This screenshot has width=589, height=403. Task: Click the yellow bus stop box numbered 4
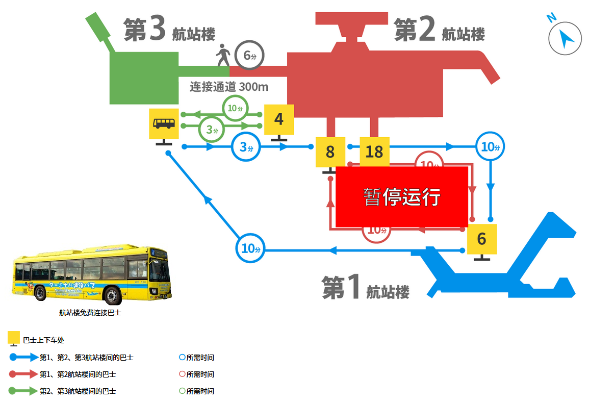[279, 119]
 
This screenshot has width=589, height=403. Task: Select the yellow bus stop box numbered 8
[330, 152]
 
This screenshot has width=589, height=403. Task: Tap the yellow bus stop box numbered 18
[374, 152]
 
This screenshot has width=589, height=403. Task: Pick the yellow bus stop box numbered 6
[481, 239]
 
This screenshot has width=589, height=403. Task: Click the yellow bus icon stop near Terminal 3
[164, 123]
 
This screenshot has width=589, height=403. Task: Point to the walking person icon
[223, 55]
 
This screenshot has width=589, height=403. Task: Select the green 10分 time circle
[235, 108]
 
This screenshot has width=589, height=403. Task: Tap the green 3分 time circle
[212, 130]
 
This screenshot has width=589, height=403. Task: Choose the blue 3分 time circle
[246, 147]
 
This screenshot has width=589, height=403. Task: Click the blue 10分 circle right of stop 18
[490, 147]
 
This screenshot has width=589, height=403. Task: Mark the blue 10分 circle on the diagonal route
[250, 248]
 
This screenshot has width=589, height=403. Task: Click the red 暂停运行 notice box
[402, 196]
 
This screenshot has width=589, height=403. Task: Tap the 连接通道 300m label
[229, 87]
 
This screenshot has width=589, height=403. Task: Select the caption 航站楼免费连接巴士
[90, 313]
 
